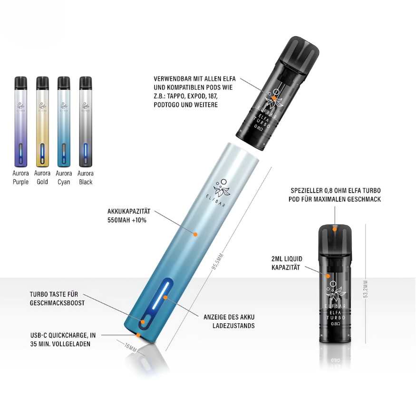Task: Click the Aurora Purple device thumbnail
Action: coord(21,122)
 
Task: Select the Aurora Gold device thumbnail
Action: coord(42,122)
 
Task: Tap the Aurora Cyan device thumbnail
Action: coord(64,122)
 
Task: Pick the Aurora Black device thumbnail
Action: coord(86,122)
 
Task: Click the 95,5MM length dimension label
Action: coord(218,262)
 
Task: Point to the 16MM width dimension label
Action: coord(131,348)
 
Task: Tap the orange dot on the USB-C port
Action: coord(138,335)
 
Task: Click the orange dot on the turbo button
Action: coord(143,322)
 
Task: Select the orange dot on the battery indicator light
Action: coord(165,298)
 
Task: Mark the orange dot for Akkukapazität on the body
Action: coord(195,234)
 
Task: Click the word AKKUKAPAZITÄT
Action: coord(129,212)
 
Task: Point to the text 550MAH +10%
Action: coord(127,220)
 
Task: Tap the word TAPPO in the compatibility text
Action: coord(177,96)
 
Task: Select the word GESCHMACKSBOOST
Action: coord(58,303)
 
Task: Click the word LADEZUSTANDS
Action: coord(233,326)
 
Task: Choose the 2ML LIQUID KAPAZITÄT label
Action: coord(287,263)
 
